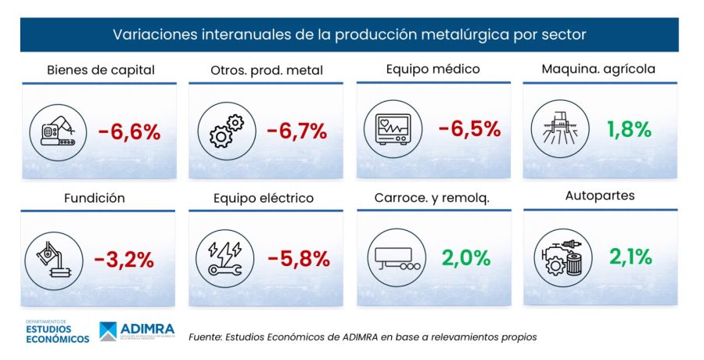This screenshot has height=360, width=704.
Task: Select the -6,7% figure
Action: [x=296, y=131]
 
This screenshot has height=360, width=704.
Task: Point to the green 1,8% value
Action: [x=630, y=129]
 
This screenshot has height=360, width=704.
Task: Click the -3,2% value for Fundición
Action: [x=124, y=259]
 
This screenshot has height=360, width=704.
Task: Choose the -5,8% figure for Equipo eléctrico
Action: [x=296, y=259]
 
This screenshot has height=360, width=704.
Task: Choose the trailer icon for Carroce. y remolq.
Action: [x=394, y=259]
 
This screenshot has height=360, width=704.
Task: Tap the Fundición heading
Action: [x=94, y=198]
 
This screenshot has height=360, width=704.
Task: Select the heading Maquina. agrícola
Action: [x=598, y=69]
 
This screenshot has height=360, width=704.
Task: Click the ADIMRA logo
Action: [x=137, y=330]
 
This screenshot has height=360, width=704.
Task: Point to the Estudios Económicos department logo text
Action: [x=57, y=331]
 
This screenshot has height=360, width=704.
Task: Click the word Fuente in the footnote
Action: [x=206, y=337]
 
